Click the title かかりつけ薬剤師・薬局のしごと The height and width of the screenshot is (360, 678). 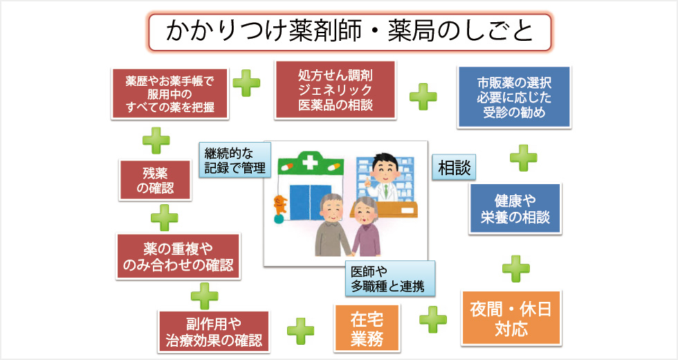click(349, 33)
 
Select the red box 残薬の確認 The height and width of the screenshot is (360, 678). click(156, 179)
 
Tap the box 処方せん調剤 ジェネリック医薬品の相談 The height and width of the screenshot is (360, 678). click(335, 90)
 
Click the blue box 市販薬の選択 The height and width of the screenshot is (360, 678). click(514, 97)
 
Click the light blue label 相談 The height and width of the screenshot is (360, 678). click(454, 168)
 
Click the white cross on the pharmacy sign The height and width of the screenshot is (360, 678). click(309, 165)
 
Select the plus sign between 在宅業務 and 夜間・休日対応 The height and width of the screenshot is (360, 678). click(433, 319)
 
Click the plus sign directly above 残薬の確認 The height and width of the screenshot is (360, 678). click(156, 141)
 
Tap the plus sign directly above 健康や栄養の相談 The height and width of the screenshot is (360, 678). click(524, 157)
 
